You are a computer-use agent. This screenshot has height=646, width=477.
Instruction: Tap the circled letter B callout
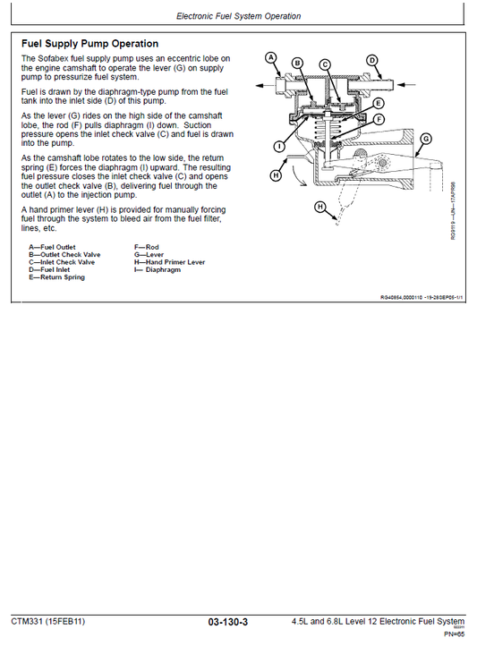297,64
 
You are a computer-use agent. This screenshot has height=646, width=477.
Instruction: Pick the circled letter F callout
379,119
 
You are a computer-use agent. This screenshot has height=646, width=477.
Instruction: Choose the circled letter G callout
425,139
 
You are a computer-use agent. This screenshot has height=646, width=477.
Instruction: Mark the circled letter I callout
280,146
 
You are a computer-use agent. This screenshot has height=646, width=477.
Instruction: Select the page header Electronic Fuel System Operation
238,16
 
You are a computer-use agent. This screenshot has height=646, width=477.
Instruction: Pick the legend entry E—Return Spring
56,277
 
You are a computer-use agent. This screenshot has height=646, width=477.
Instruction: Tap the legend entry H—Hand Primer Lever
169,262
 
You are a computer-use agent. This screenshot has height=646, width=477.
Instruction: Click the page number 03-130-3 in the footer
227,622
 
